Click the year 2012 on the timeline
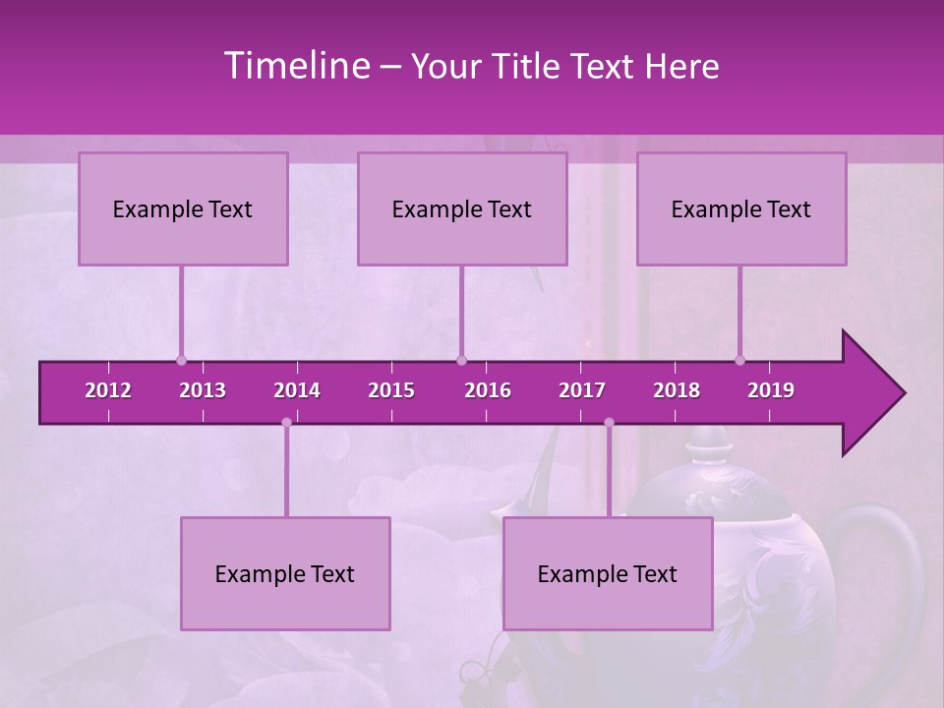108,390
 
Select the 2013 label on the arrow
203,390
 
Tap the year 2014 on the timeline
297,390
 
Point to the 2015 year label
391,390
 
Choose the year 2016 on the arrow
488,390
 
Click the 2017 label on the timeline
582,390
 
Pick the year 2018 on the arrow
677,390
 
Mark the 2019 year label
771,390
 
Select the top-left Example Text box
183,208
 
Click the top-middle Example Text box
462,208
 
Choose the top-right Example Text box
741,208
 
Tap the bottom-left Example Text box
285,573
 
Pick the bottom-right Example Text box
608,573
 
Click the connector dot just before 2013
181,360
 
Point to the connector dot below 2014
286,423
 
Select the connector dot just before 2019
740,360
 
